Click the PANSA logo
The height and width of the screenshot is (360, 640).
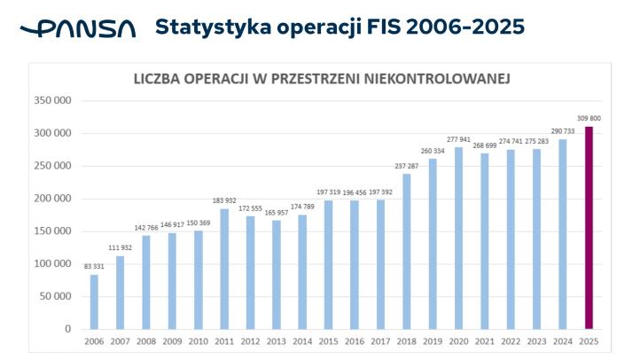[78, 29]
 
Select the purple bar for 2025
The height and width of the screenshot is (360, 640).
[588, 228]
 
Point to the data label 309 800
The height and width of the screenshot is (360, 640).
[589, 118]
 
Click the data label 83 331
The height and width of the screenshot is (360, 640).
[93, 266]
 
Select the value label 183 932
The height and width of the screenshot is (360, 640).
[224, 200]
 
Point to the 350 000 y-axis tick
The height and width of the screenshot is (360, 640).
[52, 100]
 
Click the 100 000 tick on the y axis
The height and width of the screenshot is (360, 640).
[52, 263]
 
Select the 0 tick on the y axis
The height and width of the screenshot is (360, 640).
[67, 329]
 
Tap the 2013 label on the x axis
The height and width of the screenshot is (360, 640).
[276, 341]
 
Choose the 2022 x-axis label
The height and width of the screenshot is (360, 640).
[510, 341]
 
